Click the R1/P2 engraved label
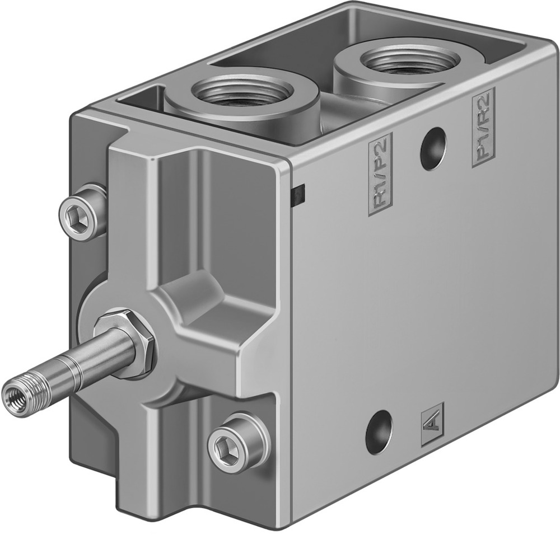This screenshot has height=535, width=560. click(x=379, y=174)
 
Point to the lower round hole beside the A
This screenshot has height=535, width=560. click(x=379, y=431)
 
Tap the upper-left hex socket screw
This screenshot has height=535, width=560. click(x=81, y=212)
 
